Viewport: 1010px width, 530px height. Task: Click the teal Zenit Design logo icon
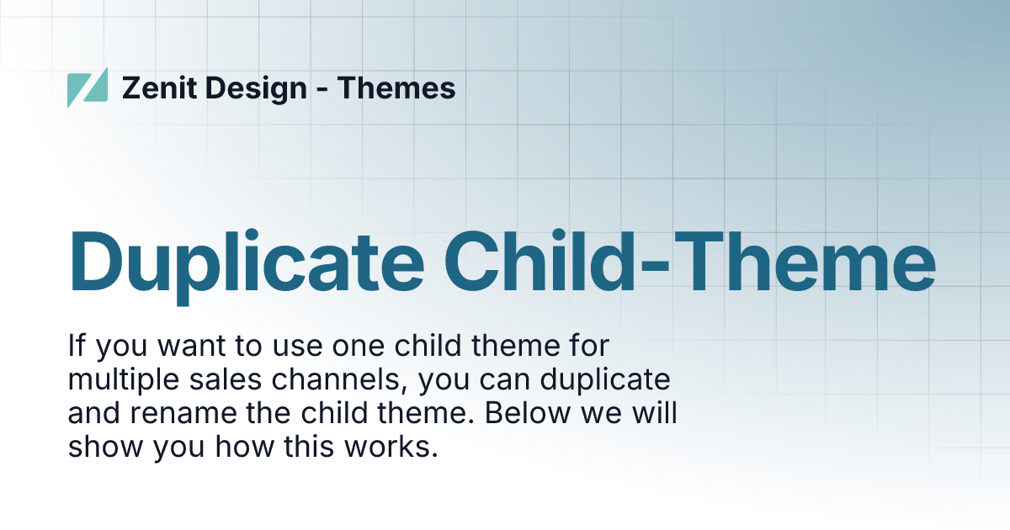(x=88, y=87)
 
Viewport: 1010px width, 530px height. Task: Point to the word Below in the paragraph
(x=521, y=414)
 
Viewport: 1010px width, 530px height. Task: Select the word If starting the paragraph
(x=76, y=347)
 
